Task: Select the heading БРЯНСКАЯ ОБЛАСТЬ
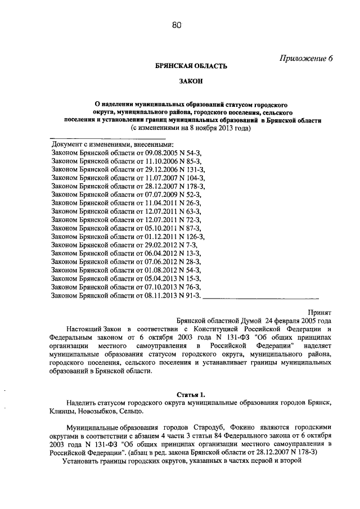point(191,66)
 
